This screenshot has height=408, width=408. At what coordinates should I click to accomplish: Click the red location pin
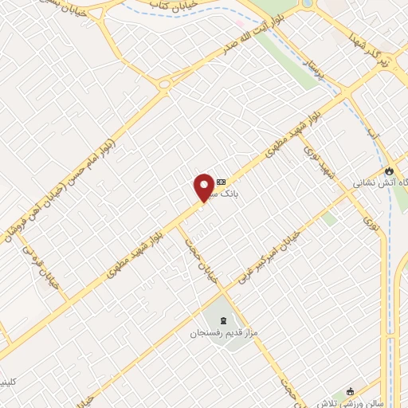(x=204, y=187)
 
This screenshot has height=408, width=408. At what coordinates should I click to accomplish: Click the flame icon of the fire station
(x=388, y=171)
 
